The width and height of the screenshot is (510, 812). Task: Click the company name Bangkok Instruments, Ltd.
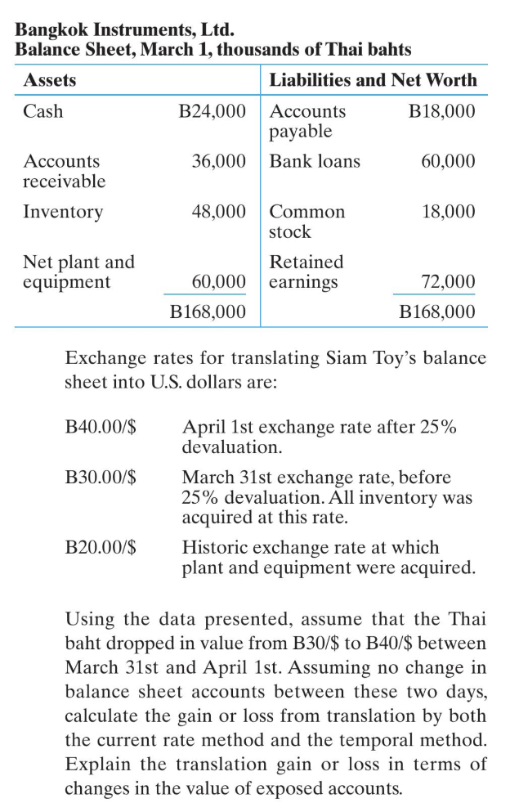[x=125, y=31]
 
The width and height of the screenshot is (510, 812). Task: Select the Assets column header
[x=50, y=80]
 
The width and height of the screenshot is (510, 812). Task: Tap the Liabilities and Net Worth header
[x=373, y=80]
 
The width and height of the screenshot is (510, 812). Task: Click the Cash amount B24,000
[x=212, y=111]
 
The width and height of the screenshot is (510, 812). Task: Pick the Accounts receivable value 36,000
[x=219, y=161]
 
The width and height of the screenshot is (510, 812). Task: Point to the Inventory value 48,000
[x=219, y=212]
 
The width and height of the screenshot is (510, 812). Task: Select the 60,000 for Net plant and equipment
[x=219, y=282]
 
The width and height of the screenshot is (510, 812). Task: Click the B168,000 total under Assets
[x=208, y=312]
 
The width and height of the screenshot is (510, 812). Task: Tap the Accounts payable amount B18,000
[x=441, y=111]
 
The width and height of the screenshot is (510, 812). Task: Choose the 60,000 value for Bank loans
[x=448, y=161]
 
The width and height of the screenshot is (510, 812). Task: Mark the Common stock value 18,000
[x=448, y=212]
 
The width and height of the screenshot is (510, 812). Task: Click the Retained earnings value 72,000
[x=448, y=282]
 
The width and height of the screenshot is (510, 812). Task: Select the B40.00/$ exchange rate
[x=100, y=428]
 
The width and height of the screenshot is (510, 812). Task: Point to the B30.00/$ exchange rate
[x=100, y=477]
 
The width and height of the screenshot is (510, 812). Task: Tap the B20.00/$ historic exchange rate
[x=100, y=548]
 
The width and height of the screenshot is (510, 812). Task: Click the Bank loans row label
[x=315, y=161]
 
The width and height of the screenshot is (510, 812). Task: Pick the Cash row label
[x=42, y=111]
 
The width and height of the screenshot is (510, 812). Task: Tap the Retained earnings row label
[x=306, y=272]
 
